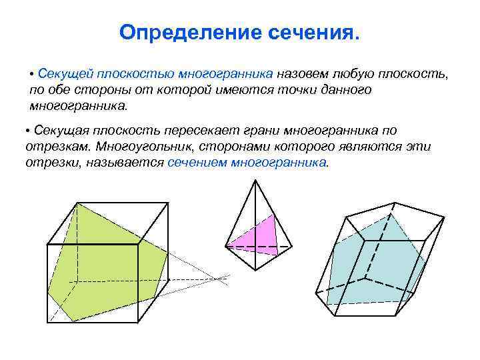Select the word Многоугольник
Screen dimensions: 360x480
click(139, 147)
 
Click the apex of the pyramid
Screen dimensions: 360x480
click(255, 181)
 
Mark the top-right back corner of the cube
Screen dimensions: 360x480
click(166, 202)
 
